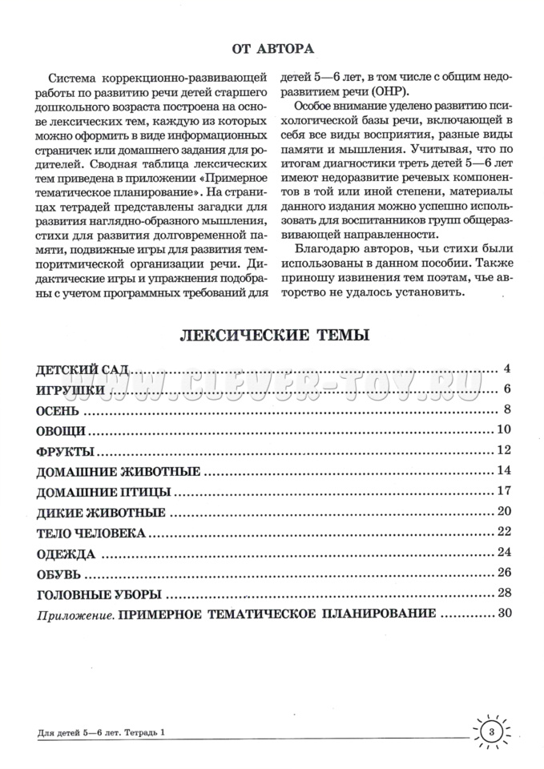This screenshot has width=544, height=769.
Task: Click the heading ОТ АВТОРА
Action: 272,49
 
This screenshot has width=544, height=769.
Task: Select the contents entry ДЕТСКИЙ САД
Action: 83,370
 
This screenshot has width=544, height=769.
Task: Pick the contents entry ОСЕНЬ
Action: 58,411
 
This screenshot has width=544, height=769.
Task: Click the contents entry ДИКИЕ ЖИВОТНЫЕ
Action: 101,512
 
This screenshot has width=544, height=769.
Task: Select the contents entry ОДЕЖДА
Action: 66,553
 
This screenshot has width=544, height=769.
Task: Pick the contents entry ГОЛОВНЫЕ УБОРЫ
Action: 99,594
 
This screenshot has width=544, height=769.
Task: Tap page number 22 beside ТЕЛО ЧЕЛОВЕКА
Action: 503,531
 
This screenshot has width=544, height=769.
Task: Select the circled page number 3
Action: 493,731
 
